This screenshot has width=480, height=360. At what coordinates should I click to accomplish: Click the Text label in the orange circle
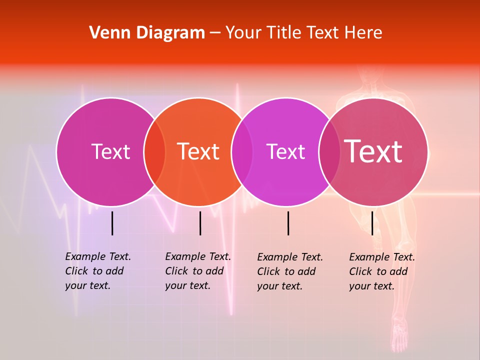point(198,151)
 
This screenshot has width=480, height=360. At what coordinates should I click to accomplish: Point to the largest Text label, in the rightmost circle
point(373,151)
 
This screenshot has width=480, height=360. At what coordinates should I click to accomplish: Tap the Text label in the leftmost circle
point(110,151)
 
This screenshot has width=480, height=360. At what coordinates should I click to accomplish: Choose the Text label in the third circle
point(285,151)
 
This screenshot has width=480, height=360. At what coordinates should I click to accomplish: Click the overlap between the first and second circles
point(154,152)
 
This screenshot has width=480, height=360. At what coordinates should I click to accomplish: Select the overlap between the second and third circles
point(242,152)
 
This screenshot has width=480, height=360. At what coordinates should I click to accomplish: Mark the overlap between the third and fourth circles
point(329,152)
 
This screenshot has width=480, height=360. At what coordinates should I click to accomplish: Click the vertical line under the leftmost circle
point(112,223)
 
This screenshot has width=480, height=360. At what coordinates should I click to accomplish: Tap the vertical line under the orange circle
point(200,223)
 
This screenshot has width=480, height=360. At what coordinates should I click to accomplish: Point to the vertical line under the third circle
point(288,223)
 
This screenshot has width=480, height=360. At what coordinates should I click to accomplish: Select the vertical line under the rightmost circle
point(372,223)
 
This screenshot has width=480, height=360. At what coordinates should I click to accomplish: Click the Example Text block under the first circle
point(98,271)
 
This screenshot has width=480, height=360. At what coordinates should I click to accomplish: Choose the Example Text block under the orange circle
point(198,271)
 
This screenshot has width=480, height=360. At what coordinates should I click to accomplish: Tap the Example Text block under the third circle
point(290,271)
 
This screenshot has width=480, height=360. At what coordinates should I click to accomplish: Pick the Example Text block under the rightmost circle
point(382,271)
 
